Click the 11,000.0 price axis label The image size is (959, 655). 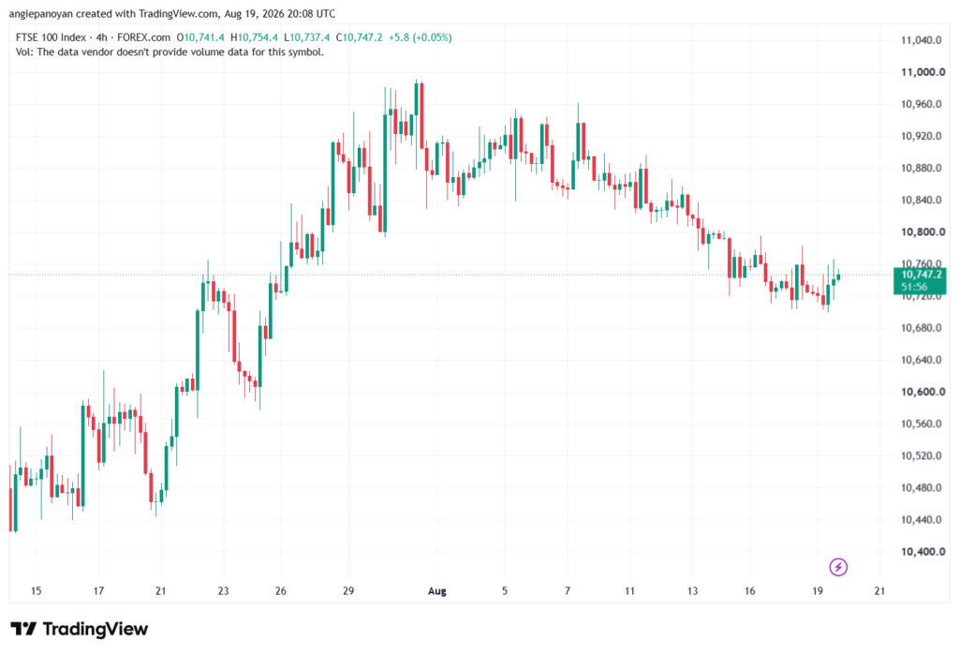pyautogui.click(x=922, y=72)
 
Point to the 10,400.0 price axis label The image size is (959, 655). pyautogui.click(x=922, y=552)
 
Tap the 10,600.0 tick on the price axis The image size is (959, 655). pyautogui.click(x=922, y=392)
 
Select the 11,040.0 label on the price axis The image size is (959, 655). pyautogui.click(x=922, y=40)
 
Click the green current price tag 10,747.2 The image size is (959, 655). pyautogui.click(x=920, y=280)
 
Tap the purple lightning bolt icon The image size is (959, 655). pyautogui.click(x=838, y=567)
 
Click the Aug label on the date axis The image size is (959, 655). pyautogui.click(x=436, y=590)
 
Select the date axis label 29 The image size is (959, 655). pyautogui.click(x=348, y=590)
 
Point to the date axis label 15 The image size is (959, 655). pyautogui.click(x=37, y=590)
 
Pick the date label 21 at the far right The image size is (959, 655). pyautogui.click(x=879, y=590)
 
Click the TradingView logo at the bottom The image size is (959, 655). pyautogui.click(x=80, y=629)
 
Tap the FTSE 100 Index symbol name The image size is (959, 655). pyautogui.click(x=51, y=37)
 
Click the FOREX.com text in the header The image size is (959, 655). pyautogui.click(x=143, y=37)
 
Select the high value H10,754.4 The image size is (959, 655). pyautogui.click(x=254, y=37)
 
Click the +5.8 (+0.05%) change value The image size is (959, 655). pyautogui.click(x=420, y=37)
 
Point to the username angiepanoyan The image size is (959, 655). pyautogui.click(x=40, y=13)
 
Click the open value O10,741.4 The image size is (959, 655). pyautogui.click(x=200, y=37)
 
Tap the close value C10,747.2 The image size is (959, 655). pyautogui.click(x=359, y=37)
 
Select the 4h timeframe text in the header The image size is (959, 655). pyautogui.click(x=101, y=37)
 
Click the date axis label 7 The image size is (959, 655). pyautogui.click(x=568, y=590)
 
